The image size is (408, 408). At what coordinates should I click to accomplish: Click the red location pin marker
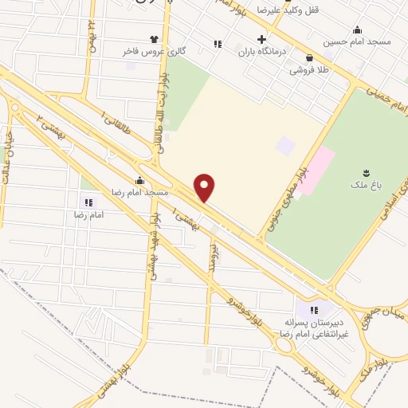pos(206,188)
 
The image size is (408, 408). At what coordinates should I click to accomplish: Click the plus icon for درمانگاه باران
pos(262,39)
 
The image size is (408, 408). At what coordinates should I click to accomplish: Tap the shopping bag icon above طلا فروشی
pos(309,57)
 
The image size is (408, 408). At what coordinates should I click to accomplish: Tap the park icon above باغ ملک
pos(367,173)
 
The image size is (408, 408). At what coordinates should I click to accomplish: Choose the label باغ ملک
pos(366,185)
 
